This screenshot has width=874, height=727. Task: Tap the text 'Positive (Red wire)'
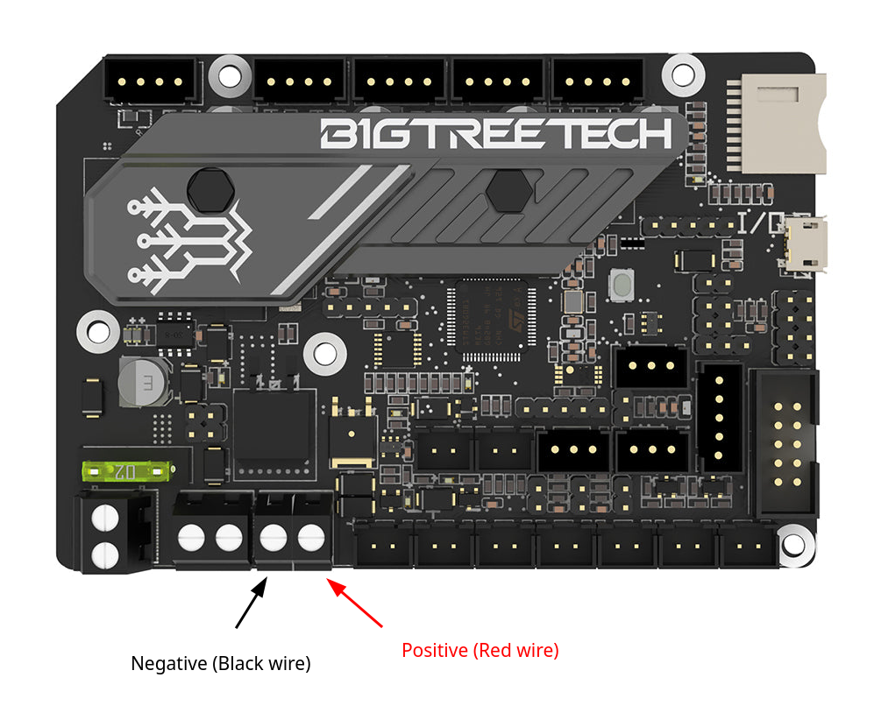(x=480, y=651)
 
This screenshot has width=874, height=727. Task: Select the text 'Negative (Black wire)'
(x=221, y=664)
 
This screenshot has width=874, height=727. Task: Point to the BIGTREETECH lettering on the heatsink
(x=496, y=134)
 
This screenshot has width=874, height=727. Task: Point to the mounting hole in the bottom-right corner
(x=793, y=543)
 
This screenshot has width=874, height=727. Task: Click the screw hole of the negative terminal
(x=274, y=536)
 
